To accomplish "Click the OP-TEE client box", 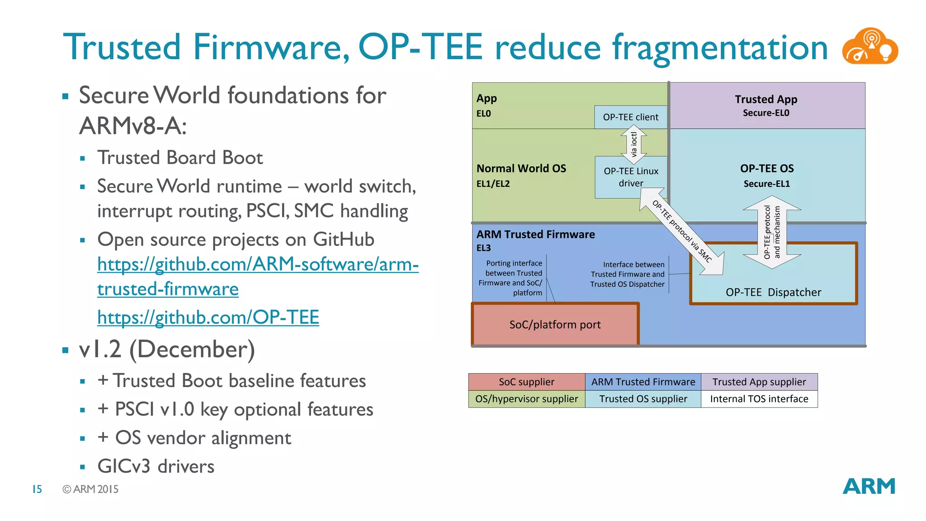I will click(x=630, y=117).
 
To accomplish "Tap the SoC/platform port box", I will click(x=555, y=325).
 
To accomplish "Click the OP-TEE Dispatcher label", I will click(x=773, y=292).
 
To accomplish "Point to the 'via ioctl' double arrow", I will click(x=633, y=144).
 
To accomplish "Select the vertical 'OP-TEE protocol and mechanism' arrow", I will click(x=772, y=232).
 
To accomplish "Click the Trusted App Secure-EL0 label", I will click(x=766, y=105).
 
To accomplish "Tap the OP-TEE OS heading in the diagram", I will click(x=767, y=169).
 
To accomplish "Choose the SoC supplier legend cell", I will click(x=526, y=382).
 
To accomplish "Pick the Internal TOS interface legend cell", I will click(x=759, y=399).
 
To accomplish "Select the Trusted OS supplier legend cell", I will click(x=643, y=399).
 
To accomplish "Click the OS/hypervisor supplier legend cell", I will click(x=526, y=399).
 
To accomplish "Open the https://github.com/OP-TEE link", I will click(x=208, y=317).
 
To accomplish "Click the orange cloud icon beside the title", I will click(x=869, y=47).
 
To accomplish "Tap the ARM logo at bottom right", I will click(x=869, y=487).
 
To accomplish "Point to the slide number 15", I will click(x=37, y=489).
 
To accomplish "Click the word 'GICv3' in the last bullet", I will click(x=123, y=466).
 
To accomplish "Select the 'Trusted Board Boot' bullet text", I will click(x=180, y=158).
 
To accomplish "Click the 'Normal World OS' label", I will click(x=521, y=169).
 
